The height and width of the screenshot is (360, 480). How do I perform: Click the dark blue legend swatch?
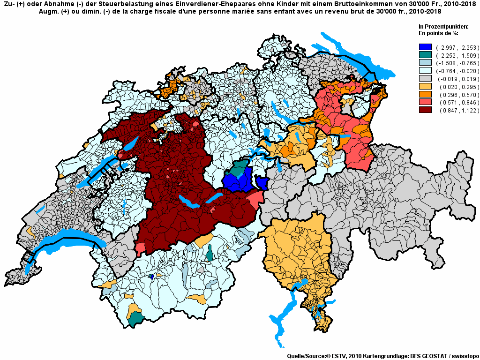425,47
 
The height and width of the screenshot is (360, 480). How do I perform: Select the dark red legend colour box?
425,111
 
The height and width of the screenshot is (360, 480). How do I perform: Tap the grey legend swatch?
425,79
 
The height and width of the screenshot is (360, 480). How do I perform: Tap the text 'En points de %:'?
438,33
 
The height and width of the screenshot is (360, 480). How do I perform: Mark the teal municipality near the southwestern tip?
136,319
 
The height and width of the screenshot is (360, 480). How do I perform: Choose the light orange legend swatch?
425,87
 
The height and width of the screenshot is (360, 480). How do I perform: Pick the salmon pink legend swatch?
425,103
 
